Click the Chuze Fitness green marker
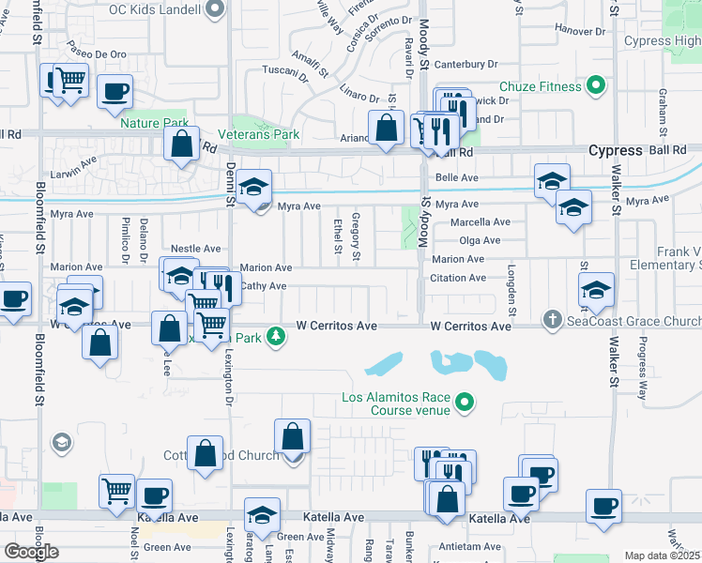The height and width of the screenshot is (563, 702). click(x=595, y=87)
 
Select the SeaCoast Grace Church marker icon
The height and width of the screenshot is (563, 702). click(x=552, y=321)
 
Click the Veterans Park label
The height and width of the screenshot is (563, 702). click(x=266, y=134)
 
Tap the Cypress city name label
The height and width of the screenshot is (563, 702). click(x=615, y=150)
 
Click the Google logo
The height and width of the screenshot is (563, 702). click(x=31, y=551)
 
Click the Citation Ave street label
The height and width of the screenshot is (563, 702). click(x=458, y=278)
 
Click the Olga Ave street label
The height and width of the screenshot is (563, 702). click(x=480, y=240)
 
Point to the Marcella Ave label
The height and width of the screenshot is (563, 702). click(x=480, y=222)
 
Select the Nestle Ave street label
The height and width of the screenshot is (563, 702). click(x=195, y=249)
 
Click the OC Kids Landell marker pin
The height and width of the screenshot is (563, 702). click(x=215, y=10)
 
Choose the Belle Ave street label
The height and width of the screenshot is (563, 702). click(x=458, y=177)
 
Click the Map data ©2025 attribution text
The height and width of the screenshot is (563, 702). click(x=662, y=555)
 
